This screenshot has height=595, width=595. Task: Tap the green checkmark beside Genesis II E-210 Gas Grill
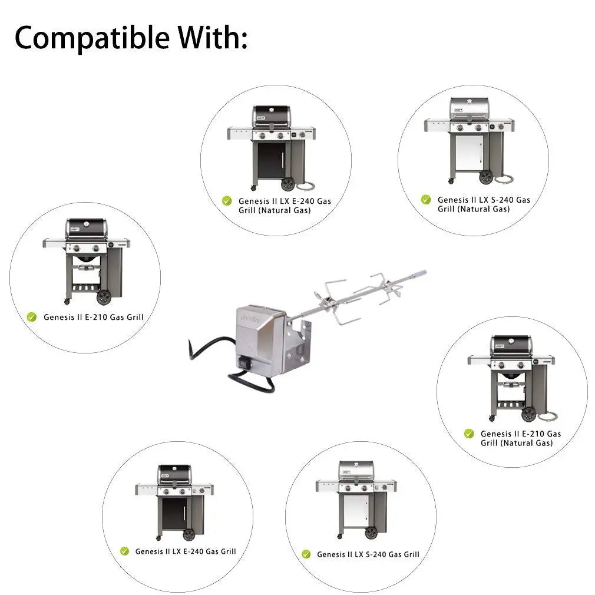point(32,317)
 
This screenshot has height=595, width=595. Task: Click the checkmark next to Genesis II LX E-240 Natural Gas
point(227,201)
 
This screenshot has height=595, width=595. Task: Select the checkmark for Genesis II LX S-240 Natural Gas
point(425,200)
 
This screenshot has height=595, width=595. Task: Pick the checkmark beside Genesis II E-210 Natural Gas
point(469,434)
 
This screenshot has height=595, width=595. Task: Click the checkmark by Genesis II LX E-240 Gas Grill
point(124,551)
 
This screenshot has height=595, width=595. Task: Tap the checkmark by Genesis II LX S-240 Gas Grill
point(306,554)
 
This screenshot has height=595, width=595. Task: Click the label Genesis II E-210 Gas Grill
point(93,317)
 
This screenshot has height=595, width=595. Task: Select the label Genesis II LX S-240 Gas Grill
point(368,554)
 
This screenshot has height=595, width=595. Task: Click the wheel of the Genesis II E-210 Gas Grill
point(104,297)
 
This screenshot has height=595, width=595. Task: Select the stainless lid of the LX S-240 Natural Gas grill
point(470,107)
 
